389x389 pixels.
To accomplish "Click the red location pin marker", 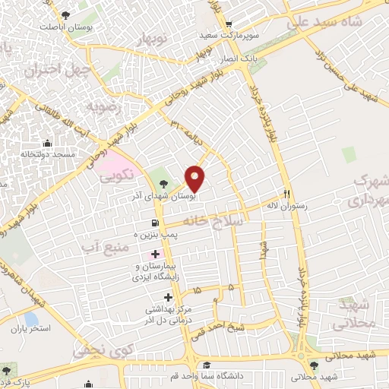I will [195, 177].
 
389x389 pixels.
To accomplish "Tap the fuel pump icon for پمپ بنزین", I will [155, 223].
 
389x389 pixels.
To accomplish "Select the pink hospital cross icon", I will [155, 253].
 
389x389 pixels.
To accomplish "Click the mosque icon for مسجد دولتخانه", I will [48, 143].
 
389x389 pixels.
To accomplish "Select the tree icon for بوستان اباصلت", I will [65, 15].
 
